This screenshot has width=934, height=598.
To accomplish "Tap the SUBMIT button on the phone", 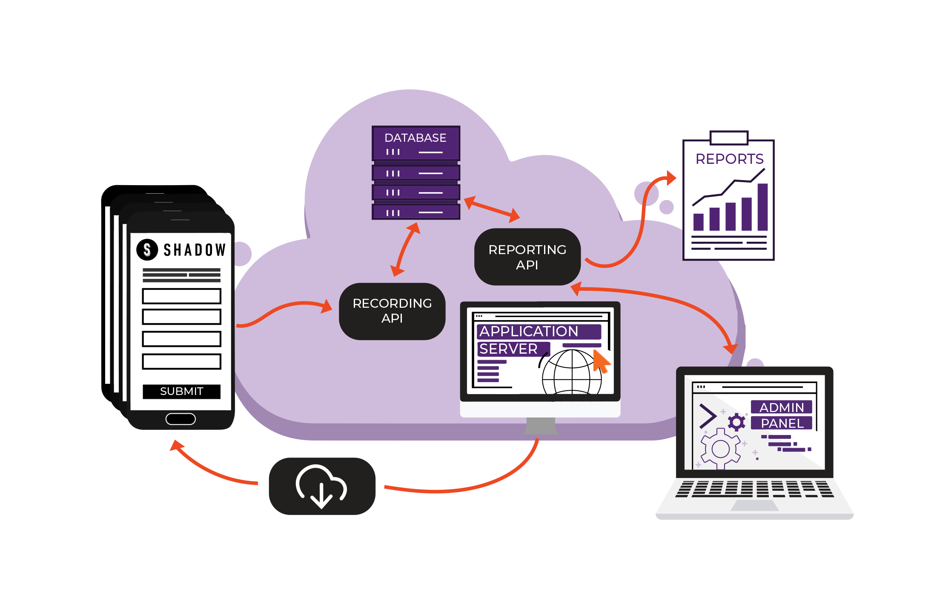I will coord(181,391).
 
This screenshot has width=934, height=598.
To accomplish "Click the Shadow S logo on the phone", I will coord(147,249).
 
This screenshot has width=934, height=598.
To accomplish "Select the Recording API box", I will coord(392,311).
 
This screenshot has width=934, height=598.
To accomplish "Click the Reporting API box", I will coord(527,257).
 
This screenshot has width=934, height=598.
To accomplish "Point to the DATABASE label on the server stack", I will coord(415,138).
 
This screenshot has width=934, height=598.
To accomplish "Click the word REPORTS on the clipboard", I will coord(729,159).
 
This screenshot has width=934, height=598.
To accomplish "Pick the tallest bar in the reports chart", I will coord(762,207).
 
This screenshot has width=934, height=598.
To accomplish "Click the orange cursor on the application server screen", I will coord(601,361).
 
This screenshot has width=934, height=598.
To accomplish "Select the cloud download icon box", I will coord(322,486).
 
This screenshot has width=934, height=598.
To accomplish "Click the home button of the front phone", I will coord(180,419).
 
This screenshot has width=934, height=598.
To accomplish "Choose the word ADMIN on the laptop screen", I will coord(782,407).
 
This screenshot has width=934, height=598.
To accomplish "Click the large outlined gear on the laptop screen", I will coord(720,449).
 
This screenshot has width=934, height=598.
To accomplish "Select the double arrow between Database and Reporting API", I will coord(492,209).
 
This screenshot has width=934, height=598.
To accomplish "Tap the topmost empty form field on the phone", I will coord(181,296).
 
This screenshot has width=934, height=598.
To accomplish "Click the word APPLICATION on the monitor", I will coord(529,331).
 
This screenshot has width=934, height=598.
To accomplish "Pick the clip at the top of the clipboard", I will coord(729,137).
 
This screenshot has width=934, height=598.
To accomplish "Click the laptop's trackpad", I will coord(754,505).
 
